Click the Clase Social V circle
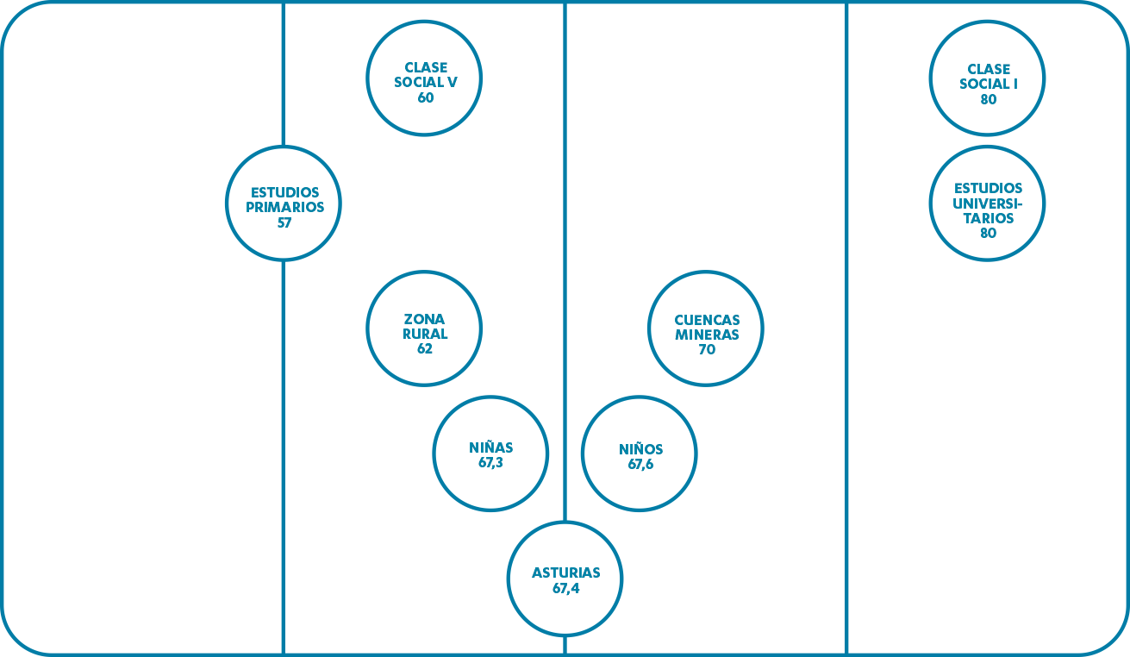(424, 78)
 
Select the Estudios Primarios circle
(284, 203)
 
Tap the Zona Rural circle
(424, 328)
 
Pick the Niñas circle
(490, 454)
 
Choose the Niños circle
(640, 454)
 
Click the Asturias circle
(565, 579)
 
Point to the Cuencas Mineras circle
(706, 328)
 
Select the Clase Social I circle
(987, 78)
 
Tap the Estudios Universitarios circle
(987, 203)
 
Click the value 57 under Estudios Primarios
(284, 222)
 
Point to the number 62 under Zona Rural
(424, 349)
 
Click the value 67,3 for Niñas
(490, 462)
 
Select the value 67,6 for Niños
(640, 464)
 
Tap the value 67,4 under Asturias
(565, 589)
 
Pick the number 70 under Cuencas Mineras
(707, 350)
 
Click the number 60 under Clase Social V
(425, 97)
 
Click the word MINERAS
(707, 335)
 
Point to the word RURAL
(425, 335)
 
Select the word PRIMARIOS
(284, 207)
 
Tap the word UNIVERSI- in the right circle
(988, 203)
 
